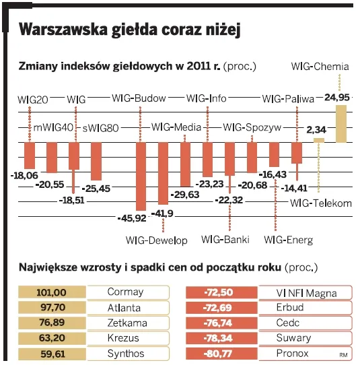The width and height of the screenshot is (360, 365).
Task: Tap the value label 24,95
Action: coord(337,98)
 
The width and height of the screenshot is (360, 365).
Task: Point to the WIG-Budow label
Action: coord(139,99)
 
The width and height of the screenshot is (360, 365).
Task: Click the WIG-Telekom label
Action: coord(321,203)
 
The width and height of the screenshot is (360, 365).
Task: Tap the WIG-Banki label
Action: coord(225,239)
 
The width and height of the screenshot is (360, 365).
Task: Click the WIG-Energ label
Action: coord(288,239)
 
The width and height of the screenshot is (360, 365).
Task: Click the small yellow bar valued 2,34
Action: coord(318,140)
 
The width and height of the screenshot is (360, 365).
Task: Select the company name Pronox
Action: coord(292,353)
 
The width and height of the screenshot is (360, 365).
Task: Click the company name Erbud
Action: coord(290,308)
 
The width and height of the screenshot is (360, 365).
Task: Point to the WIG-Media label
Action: coord(176,127)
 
